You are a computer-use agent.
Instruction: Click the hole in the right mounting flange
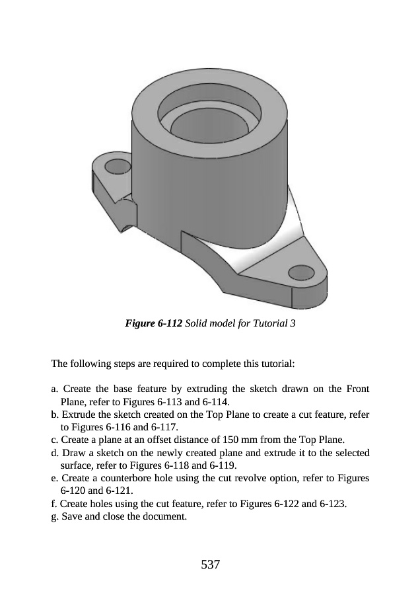[301, 272]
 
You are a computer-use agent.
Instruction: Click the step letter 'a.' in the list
[55, 388]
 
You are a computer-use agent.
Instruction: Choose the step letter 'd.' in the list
[55, 452]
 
